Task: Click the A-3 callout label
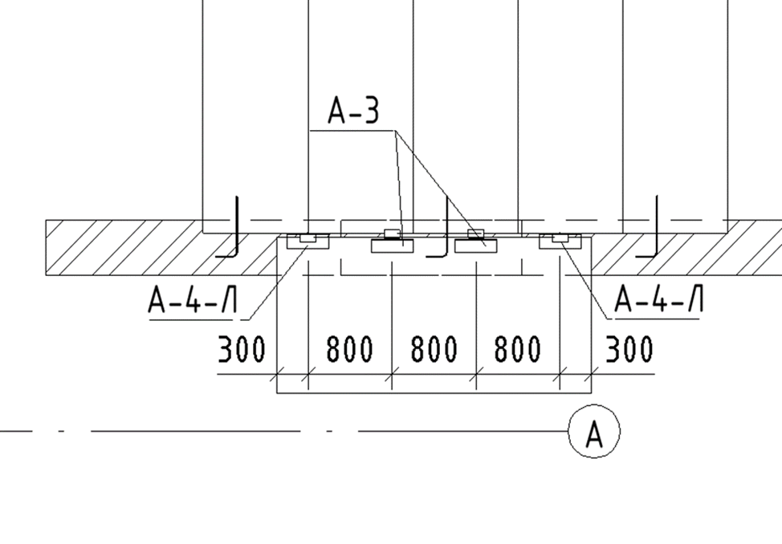pos(353,110)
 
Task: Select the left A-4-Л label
pos(193,299)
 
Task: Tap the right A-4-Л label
pos(658,298)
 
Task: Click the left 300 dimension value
pos(242,349)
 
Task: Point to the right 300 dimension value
pos(629,348)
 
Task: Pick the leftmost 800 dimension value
pos(349,348)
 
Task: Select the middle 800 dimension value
pos(434,348)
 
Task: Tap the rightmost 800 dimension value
pos(517,348)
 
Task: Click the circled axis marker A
pos(594,432)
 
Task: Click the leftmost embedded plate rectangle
pos(308,242)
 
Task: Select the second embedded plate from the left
pos(392,246)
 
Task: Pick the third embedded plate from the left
pos(476,246)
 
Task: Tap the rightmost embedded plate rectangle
pos(560,242)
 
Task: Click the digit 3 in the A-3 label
pos(369,110)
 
